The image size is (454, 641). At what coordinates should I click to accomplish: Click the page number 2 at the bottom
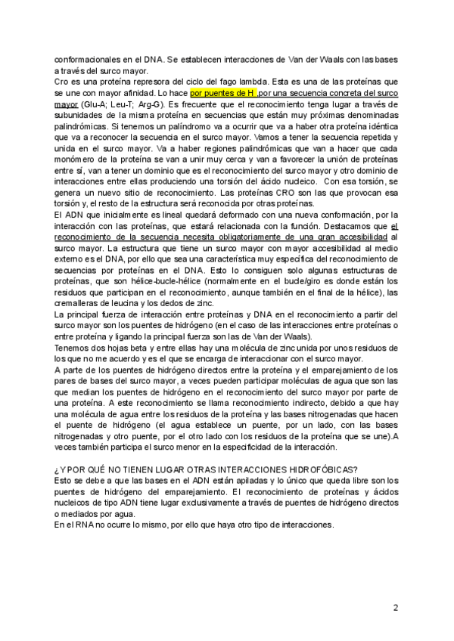coord(396,608)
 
